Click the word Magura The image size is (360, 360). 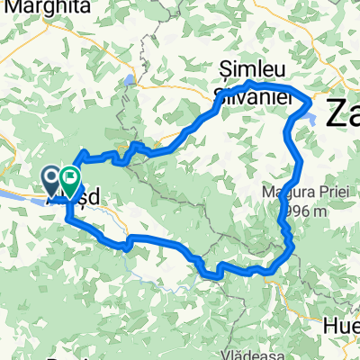(287, 192)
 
